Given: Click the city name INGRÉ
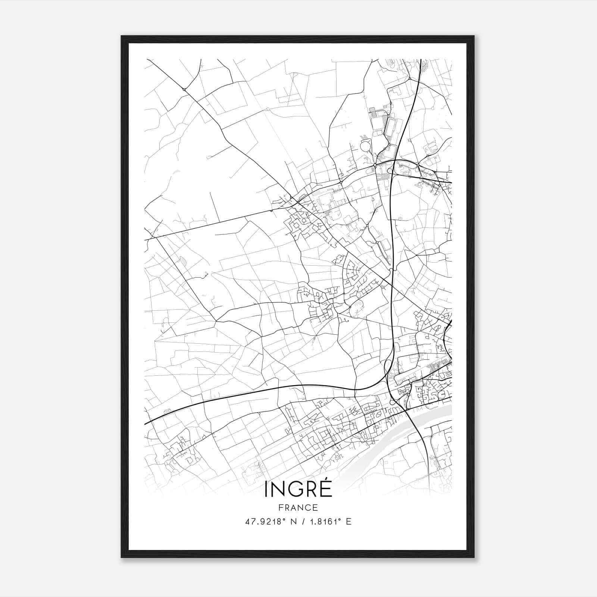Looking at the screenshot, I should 298,489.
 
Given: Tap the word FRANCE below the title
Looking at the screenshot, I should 298,508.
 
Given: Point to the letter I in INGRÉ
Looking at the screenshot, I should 266,490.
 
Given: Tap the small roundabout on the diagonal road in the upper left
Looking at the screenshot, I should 184,89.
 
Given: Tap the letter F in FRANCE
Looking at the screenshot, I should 280,508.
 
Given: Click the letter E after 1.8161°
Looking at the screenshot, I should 348,522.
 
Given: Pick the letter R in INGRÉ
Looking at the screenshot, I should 312,490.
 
